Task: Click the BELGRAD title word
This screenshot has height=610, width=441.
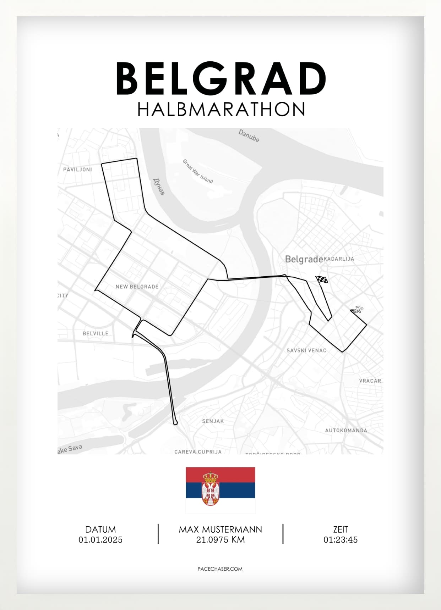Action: [221, 78]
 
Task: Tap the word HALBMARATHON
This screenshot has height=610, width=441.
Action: [221, 110]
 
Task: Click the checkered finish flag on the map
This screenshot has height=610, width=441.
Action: [322, 280]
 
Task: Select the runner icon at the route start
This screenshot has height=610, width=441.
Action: [357, 310]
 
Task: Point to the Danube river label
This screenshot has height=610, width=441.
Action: [249, 136]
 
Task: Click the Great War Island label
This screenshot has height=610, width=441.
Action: [198, 171]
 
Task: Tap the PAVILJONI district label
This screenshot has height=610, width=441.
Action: [77, 170]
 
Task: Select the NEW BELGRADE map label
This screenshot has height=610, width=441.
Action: [137, 287]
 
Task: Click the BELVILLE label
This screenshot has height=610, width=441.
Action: [96, 333]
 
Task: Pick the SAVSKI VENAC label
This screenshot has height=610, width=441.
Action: [306, 350]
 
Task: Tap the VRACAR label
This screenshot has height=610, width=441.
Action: [370, 381]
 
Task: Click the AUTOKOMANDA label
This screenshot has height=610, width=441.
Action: [346, 430]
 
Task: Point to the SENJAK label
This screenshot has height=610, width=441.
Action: [213, 421]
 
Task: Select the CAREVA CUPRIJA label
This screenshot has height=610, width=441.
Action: [198, 451]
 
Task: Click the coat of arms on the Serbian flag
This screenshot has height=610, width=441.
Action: [211, 489]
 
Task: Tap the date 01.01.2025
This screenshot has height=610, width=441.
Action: [100, 540]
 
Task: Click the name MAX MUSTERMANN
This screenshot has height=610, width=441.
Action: [220, 529]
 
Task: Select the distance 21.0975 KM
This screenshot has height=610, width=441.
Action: [220, 540]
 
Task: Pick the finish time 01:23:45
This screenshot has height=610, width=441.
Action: [341, 540]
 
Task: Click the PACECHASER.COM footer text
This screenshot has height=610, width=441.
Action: [220, 569]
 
